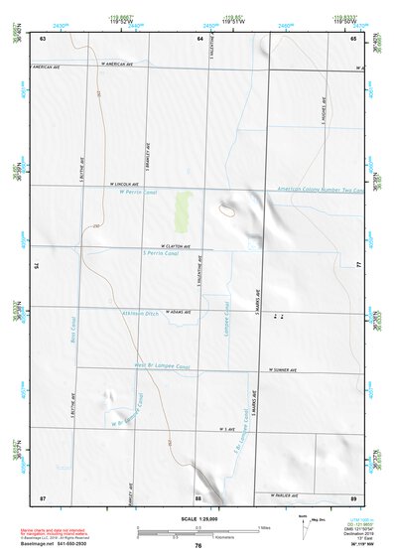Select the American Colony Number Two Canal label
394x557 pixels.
click(x=320, y=190)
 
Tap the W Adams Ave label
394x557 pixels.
click(x=180, y=309)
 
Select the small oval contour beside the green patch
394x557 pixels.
click(x=227, y=210)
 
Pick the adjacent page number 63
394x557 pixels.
click(x=44, y=38)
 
